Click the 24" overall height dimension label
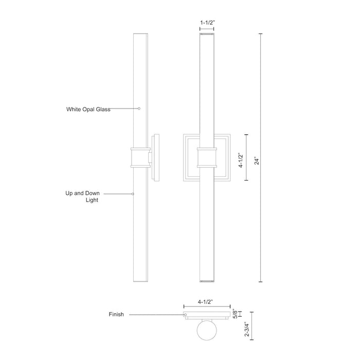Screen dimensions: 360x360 [257, 161]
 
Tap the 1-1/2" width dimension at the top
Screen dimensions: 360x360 [207, 23]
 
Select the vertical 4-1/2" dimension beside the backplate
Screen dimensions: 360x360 [241, 160]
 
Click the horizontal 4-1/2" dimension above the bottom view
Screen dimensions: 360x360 [206, 302]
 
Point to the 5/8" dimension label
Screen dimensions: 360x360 [235, 314]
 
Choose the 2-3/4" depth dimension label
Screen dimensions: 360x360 [247, 329]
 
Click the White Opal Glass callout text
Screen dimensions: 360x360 [88, 109]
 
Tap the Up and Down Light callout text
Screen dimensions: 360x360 [82, 196]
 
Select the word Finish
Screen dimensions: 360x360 [116, 314]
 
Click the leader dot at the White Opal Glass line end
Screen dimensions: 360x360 [139, 109]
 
